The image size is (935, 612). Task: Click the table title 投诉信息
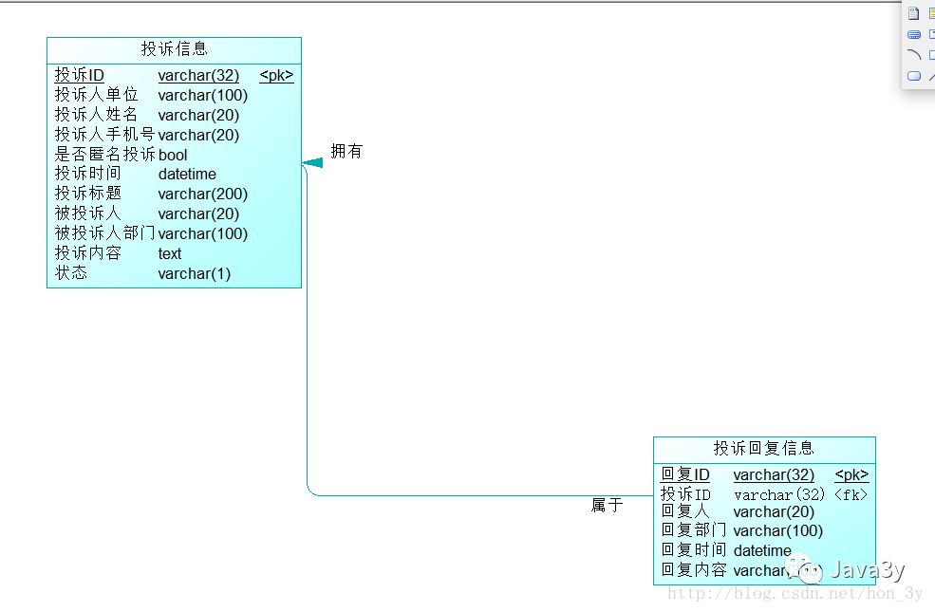175,49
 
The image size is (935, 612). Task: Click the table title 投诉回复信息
764,449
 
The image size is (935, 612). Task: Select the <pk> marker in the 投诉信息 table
276,76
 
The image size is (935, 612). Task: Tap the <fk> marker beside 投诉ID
851,494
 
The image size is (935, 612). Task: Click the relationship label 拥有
346,152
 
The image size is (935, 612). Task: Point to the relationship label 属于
607,506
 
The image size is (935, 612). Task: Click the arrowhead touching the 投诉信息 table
312,163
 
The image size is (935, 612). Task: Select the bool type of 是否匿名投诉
173,155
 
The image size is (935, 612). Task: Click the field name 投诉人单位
97,95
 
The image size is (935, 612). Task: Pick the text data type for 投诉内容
170,253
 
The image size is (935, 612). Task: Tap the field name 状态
71,273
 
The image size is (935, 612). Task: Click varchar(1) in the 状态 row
195,273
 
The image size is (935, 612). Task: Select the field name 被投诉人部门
104,233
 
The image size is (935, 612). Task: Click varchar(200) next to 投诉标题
202,194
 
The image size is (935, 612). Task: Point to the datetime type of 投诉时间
187,174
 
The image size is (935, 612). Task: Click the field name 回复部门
693,530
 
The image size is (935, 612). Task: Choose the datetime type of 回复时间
762,550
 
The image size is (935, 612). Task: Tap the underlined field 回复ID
685,474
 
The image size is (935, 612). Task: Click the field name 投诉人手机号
104,135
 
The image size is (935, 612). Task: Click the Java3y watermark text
867,570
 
